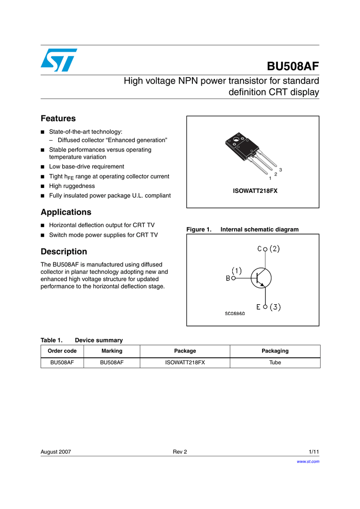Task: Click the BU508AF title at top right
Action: click(x=293, y=66)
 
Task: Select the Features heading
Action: click(x=58, y=118)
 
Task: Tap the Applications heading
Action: click(x=66, y=212)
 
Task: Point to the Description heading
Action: click(x=64, y=252)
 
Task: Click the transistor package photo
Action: click(x=244, y=149)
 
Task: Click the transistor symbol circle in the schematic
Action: click(x=260, y=278)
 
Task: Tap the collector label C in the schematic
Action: click(x=260, y=249)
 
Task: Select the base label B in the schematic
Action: click(x=228, y=278)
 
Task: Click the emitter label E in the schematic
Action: click(x=259, y=307)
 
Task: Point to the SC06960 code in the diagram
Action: click(x=235, y=314)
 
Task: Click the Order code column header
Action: click(x=62, y=351)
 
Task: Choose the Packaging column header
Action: click(x=275, y=351)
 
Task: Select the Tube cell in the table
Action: click(x=275, y=363)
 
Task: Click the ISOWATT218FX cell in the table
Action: click(x=185, y=363)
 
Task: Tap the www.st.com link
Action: click(x=308, y=461)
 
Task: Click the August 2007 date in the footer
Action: click(x=56, y=452)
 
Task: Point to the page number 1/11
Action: click(x=314, y=452)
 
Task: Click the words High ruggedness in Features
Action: click(x=72, y=186)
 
